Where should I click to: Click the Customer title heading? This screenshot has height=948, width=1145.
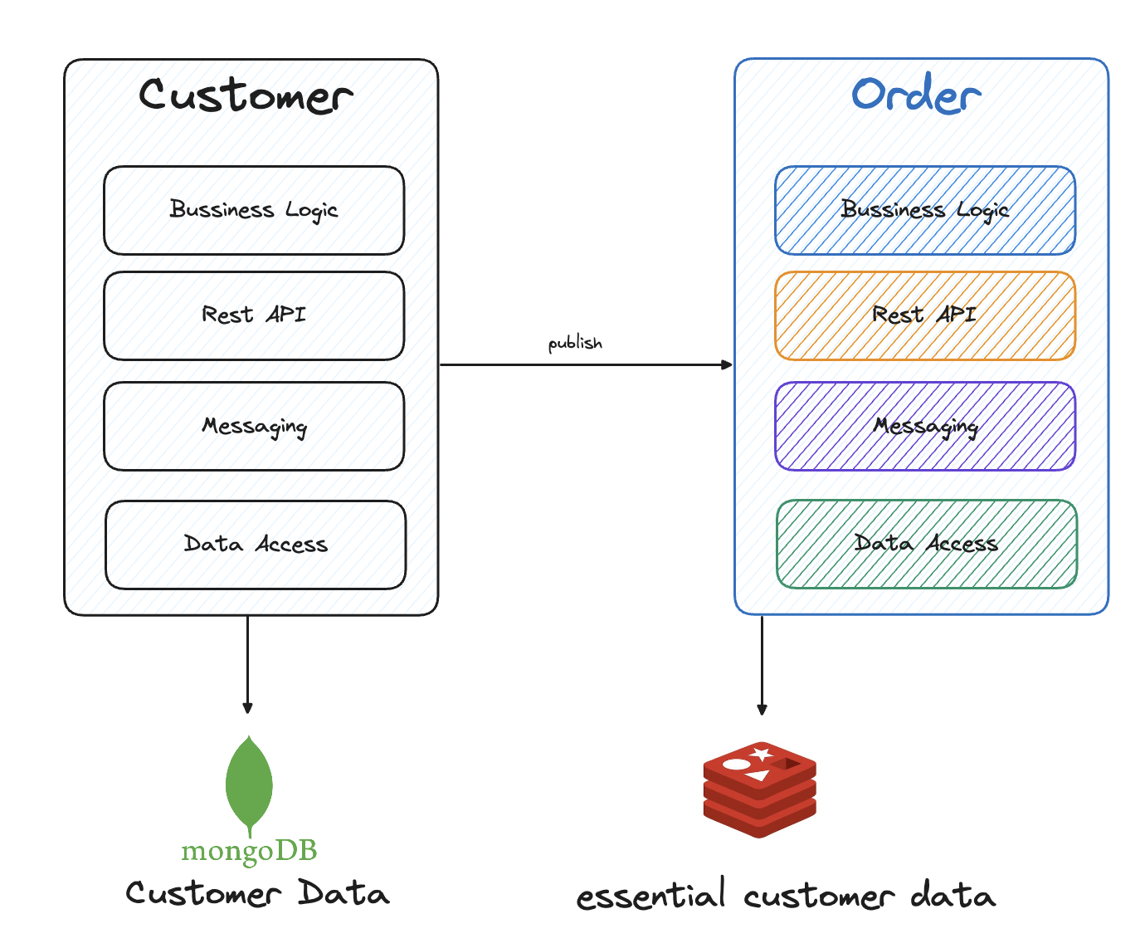click(x=246, y=95)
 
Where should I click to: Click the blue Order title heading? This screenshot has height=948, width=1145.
click(x=916, y=95)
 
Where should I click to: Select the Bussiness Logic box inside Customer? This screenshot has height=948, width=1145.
click(x=254, y=210)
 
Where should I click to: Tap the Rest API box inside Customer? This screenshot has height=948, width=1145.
click(x=254, y=315)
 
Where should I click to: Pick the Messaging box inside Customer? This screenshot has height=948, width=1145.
click(x=254, y=426)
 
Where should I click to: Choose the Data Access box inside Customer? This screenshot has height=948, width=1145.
click(x=256, y=545)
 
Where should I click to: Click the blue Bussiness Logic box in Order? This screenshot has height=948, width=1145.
click(x=925, y=210)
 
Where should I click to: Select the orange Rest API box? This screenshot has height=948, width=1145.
click(x=925, y=315)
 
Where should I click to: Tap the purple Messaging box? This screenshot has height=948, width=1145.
click(x=925, y=426)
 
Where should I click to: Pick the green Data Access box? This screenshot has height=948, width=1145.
click(x=927, y=544)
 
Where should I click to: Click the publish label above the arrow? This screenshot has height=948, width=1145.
click(x=575, y=343)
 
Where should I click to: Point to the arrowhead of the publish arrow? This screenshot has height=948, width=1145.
click(x=728, y=364)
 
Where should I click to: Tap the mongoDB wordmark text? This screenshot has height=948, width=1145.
click(x=249, y=851)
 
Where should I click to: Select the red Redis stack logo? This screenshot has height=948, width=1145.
click(x=760, y=789)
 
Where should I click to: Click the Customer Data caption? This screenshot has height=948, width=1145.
click(x=257, y=894)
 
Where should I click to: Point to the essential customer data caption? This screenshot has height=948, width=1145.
click(x=786, y=897)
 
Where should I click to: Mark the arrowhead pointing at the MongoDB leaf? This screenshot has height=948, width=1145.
click(x=247, y=708)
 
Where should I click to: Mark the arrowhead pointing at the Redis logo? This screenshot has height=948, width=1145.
click(x=762, y=709)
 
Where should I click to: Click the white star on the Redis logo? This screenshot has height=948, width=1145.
click(x=762, y=754)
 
